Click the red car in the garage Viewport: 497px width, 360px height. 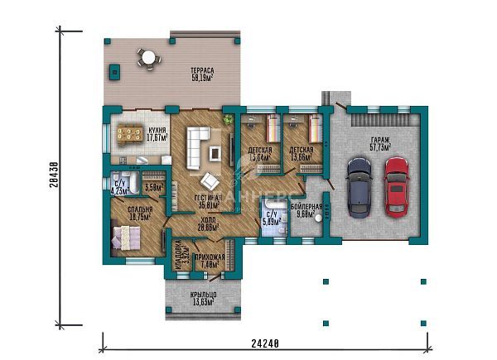click(x=397, y=185)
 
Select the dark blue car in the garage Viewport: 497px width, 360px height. click(x=359, y=185)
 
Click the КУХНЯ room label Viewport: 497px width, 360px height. click(x=157, y=131)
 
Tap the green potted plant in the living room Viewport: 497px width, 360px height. click(x=229, y=120)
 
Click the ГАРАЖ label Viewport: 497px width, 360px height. click(x=380, y=141)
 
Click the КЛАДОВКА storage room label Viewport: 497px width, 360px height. click(x=177, y=257)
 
